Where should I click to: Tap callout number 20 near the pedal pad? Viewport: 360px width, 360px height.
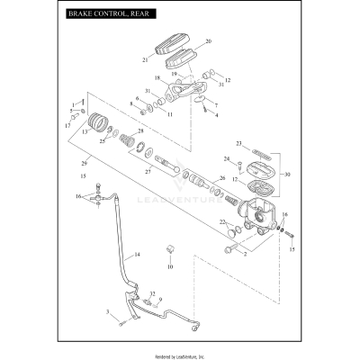coord(208,41)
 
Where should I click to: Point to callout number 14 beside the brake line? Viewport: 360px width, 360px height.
coord(138,255)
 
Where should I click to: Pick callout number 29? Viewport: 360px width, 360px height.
coord(85,162)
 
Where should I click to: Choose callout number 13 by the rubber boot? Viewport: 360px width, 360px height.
coord(85,131)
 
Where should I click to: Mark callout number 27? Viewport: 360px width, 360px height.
coord(148,171)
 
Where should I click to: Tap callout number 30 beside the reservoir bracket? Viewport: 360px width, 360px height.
coord(287,174)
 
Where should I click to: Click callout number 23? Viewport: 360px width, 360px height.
coord(238,143)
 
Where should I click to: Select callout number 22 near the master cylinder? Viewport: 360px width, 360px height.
coord(222,221)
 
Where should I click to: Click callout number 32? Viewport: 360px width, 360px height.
coord(153,294)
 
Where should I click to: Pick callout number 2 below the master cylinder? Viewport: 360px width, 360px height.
coord(243,254)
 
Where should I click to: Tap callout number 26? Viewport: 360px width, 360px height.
coord(222,178)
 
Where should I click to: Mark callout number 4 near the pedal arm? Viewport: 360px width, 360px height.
coord(216,115)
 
